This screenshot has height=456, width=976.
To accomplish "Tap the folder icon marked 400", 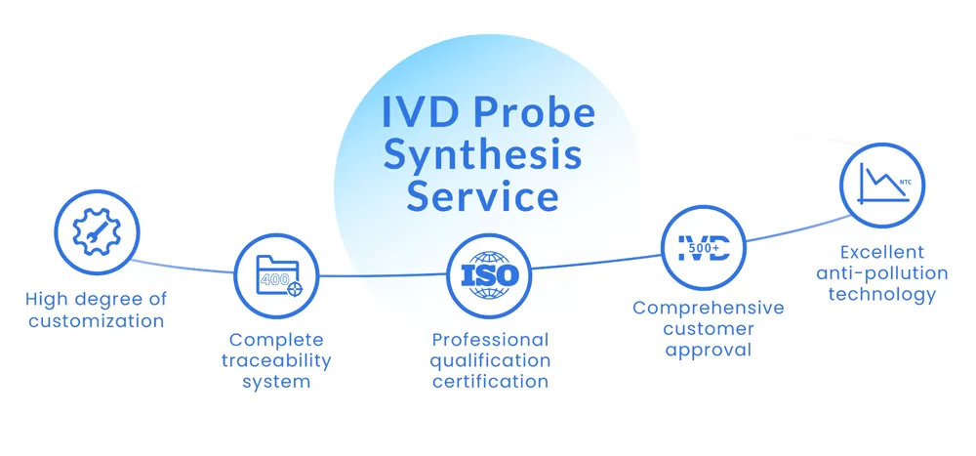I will click(276, 276).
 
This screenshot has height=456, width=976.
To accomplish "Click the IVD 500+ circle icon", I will click(703, 246).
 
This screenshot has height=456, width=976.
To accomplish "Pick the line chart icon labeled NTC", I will click(882, 186).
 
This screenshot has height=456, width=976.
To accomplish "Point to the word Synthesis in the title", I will click(482, 155).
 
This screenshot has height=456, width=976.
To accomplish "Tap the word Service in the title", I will click(482, 196).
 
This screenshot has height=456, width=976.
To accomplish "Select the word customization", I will click(96, 320).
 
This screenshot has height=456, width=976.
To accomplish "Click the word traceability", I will click(276, 360).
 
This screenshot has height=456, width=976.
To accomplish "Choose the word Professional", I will click(491, 340).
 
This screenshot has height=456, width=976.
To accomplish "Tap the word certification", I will click(490, 381).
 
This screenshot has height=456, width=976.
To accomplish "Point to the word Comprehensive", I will click(708, 309).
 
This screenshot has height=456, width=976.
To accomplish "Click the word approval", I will click(708, 350).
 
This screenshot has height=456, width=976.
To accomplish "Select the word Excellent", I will click(882, 252).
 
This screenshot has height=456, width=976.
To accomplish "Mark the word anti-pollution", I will click(882, 273).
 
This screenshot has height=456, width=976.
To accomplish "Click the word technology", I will click(882, 294).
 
